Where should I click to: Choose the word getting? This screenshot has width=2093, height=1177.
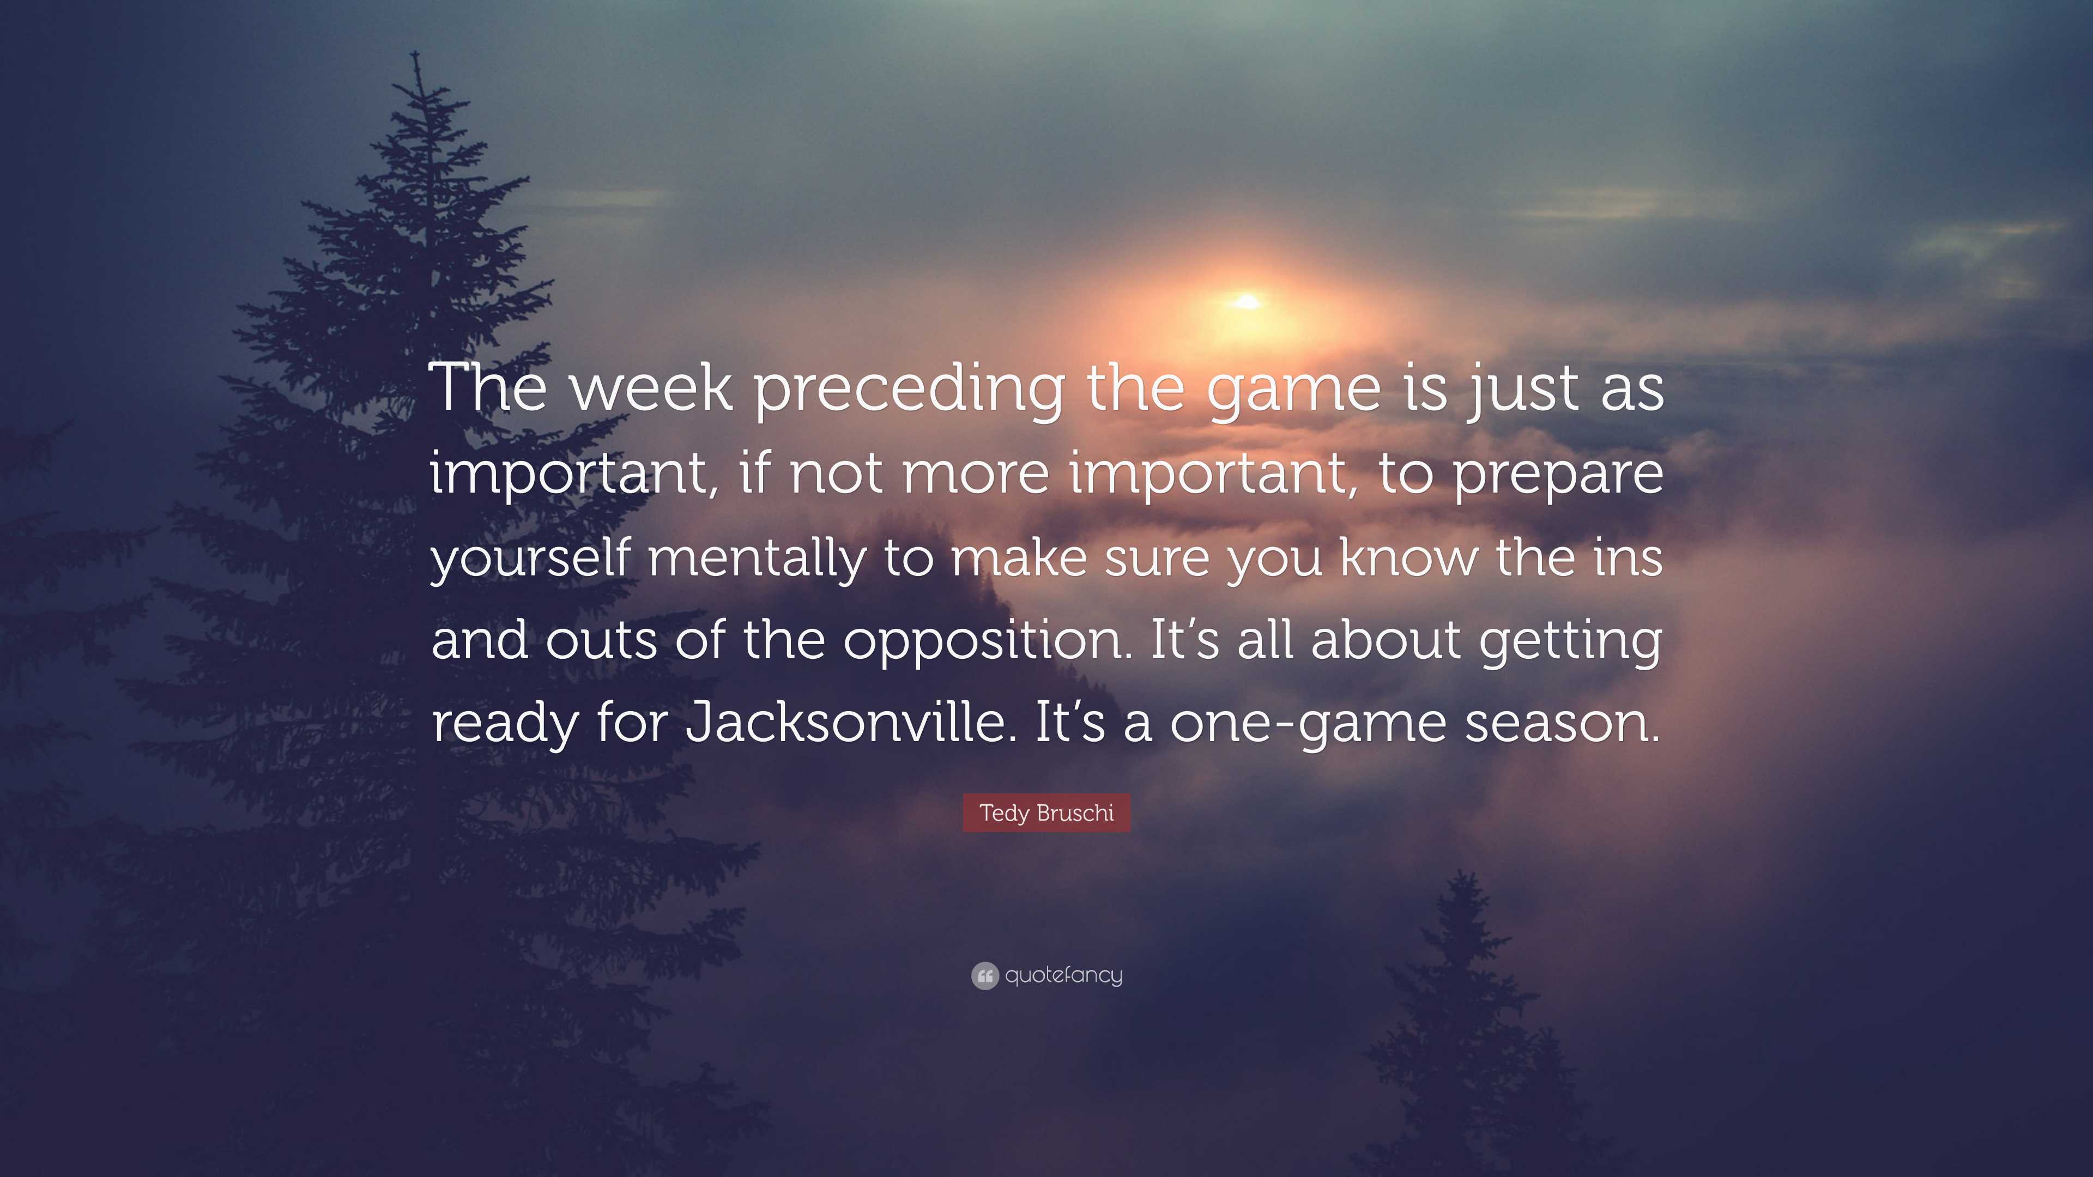coord(1570,642)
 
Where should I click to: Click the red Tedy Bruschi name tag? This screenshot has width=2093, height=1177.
coord(1046,813)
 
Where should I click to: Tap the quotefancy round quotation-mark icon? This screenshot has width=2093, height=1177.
coord(985,975)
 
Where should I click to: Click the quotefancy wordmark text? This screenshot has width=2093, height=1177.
coord(1063,975)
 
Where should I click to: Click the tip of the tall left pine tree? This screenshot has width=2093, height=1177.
coord(416,52)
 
